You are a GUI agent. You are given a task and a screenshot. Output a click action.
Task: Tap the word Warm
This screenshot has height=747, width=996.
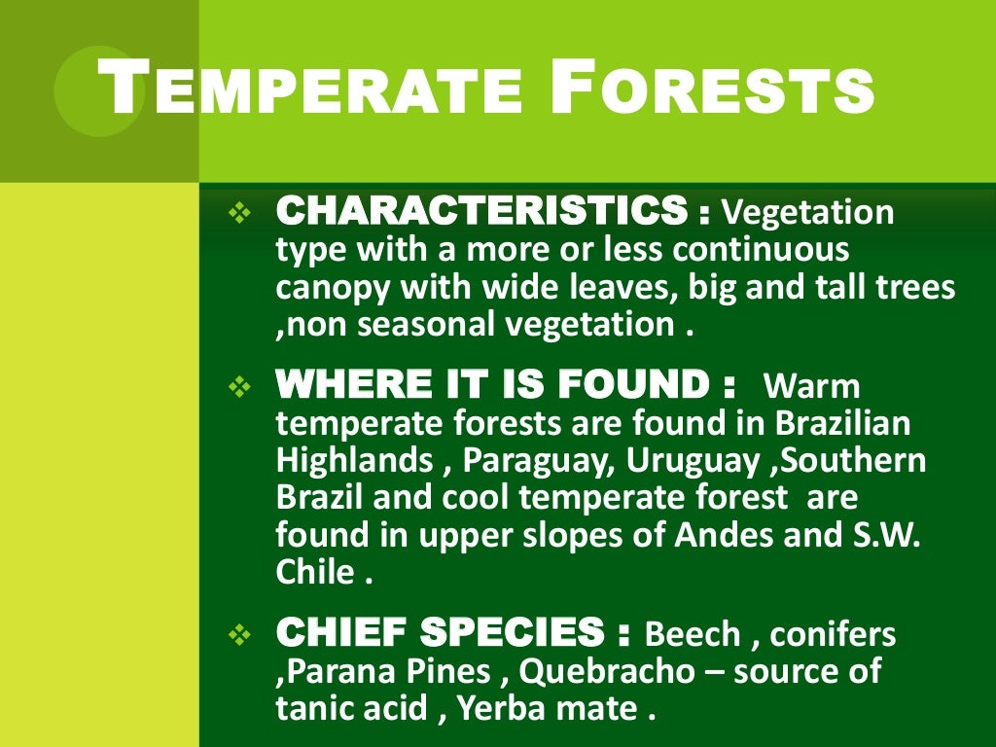pos(812,386)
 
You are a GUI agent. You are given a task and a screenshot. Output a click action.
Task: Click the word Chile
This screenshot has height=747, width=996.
pos(315,571)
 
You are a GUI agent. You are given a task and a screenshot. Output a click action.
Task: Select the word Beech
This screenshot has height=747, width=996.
pos(693,635)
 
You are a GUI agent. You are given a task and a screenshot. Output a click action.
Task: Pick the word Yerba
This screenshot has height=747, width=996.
pos(507,709)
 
